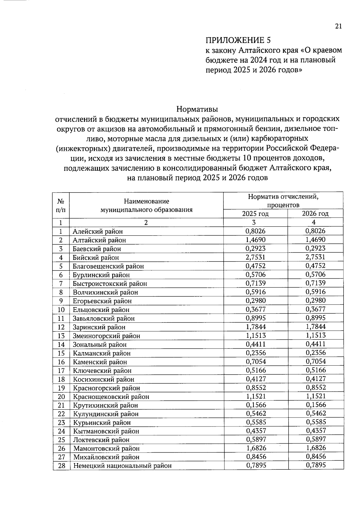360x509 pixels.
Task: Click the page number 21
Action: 338,26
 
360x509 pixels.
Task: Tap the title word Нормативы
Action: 197,109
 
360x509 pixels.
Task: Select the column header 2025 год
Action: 255,214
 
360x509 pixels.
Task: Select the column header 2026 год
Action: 315,214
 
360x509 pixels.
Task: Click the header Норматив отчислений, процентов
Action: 283,201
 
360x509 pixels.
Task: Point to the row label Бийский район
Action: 96,257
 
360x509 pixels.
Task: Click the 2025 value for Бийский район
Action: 256,257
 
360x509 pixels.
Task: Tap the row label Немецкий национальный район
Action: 122,466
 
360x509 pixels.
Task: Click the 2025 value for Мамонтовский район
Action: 256,448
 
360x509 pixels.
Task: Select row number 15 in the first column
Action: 61,353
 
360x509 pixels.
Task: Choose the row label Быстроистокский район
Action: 110,283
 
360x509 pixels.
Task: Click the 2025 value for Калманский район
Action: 256,353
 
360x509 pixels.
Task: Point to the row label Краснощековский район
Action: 111,397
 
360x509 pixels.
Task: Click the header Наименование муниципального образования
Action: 146,205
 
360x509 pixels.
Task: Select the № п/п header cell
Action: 61,205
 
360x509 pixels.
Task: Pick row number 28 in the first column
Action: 61,466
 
